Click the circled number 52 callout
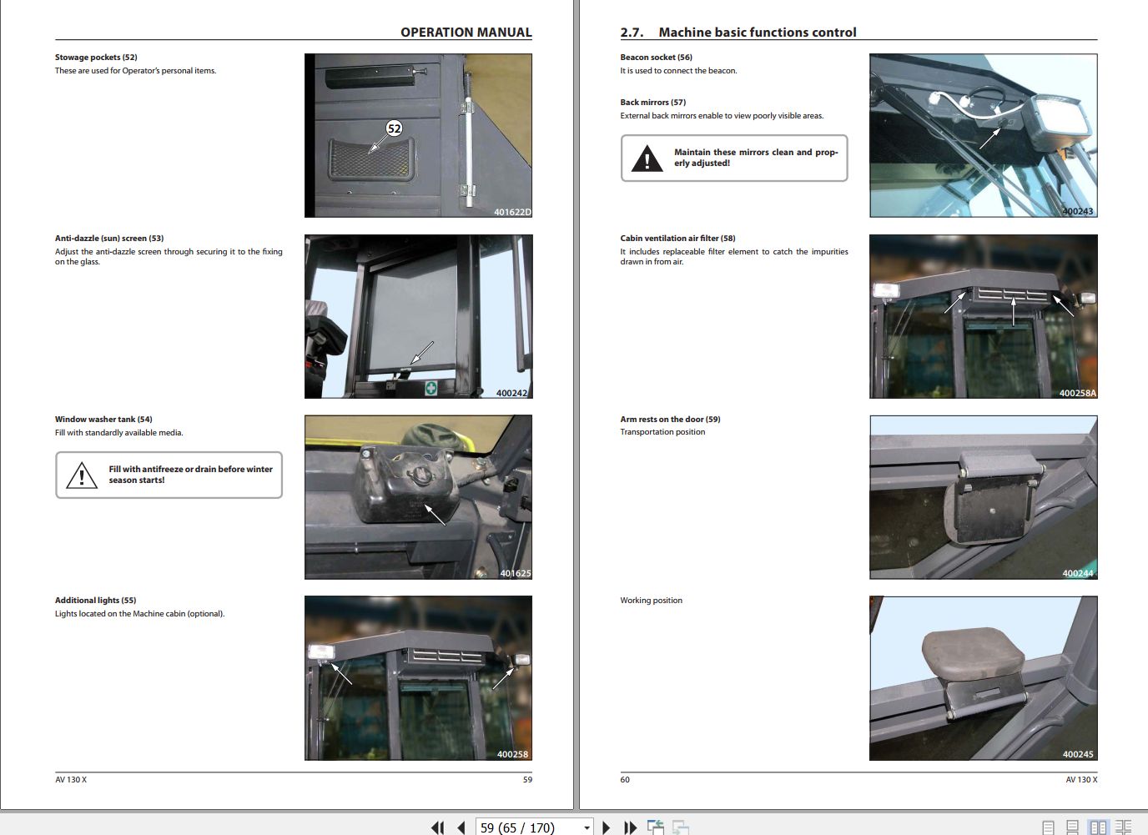(394, 128)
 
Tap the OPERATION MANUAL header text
(466, 33)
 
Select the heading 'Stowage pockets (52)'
(96, 58)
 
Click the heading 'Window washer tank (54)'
(103, 420)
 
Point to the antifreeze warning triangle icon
(82, 475)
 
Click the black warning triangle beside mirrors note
(647, 158)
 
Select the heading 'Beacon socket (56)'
(656, 58)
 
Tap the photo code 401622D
(511, 212)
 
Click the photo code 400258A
(1077, 393)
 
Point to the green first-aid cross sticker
(430, 388)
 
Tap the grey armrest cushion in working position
(972, 653)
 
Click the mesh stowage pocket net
(370, 158)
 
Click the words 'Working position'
(651, 601)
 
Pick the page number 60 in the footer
(625, 780)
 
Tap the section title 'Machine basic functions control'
(757, 33)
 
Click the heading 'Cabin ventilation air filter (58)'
(677, 239)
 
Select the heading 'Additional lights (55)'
(95, 601)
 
